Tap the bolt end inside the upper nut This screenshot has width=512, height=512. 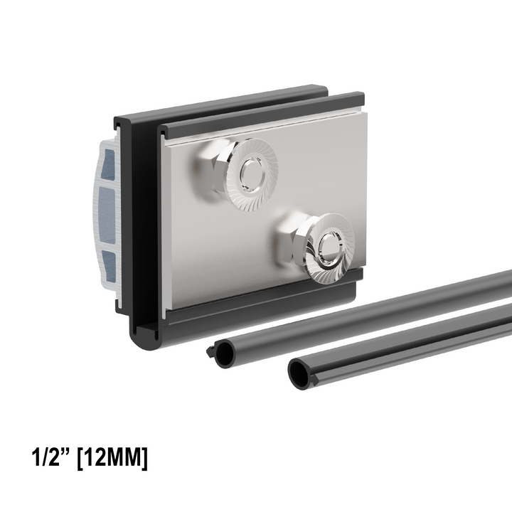point(250,171)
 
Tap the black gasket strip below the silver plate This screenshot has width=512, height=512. point(263,299)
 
